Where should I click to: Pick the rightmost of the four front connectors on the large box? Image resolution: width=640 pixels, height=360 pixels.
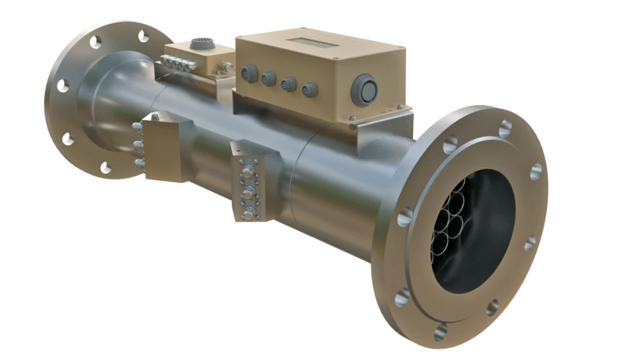tap(310, 89)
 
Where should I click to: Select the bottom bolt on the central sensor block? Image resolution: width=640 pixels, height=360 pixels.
tap(249, 214)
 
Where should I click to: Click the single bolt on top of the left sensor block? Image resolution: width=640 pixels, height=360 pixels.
tap(154, 116)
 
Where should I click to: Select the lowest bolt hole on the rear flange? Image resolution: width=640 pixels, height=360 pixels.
tap(106, 170)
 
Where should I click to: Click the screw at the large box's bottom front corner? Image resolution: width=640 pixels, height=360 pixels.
tap(352, 118)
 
